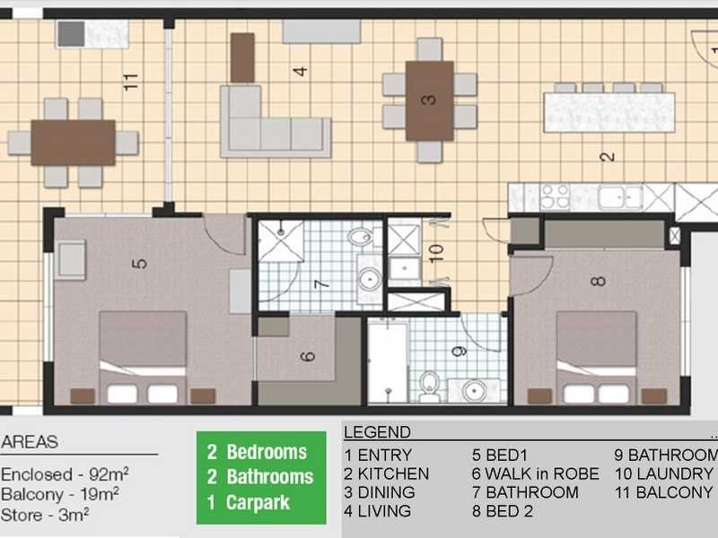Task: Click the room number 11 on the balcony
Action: pyautogui.click(x=132, y=82)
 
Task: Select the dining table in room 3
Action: pyautogui.click(x=429, y=100)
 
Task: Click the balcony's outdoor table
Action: pyautogui.click(x=73, y=143)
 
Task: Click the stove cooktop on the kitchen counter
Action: pyautogui.click(x=554, y=196)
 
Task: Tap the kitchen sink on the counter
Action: pyautogui.click(x=620, y=197)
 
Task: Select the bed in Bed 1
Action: pyautogui.click(x=143, y=358)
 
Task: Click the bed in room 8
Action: pyautogui.click(x=597, y=359)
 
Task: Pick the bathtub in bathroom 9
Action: pyautogui.click(x=388, y=363)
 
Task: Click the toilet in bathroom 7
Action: pyautogui.click(x=361, y=239)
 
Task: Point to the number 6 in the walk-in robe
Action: pyautogui.click(x=308, y=356)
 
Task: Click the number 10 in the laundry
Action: pyautogui.click(x=436, y=252)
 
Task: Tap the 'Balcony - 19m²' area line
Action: pyautogui.click(x=61, y=495)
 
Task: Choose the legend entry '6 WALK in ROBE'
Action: pyautogui.click(x=535, y=473)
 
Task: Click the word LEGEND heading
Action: pyautogui.click(x=377, y=432)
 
